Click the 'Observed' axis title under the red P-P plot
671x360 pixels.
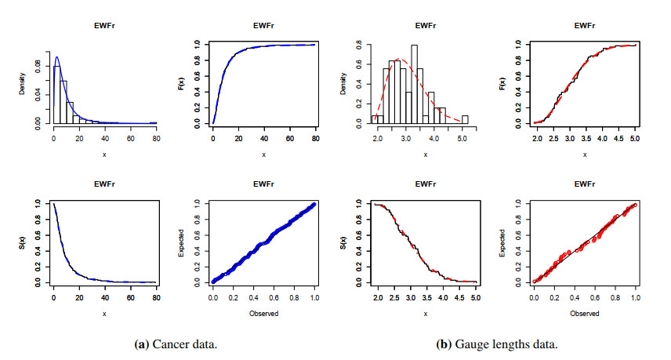[585, 313]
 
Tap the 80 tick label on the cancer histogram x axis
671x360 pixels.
[156, 139]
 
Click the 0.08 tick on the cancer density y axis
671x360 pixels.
[38, 61]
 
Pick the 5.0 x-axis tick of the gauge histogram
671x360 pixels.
[463, 139]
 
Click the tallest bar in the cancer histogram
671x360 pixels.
[55, 94]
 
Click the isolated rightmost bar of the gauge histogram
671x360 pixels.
[465, 119]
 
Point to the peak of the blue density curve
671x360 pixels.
[56, 57]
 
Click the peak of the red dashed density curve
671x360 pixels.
[399, 59]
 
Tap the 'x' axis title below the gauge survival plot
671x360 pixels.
[425, 313]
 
